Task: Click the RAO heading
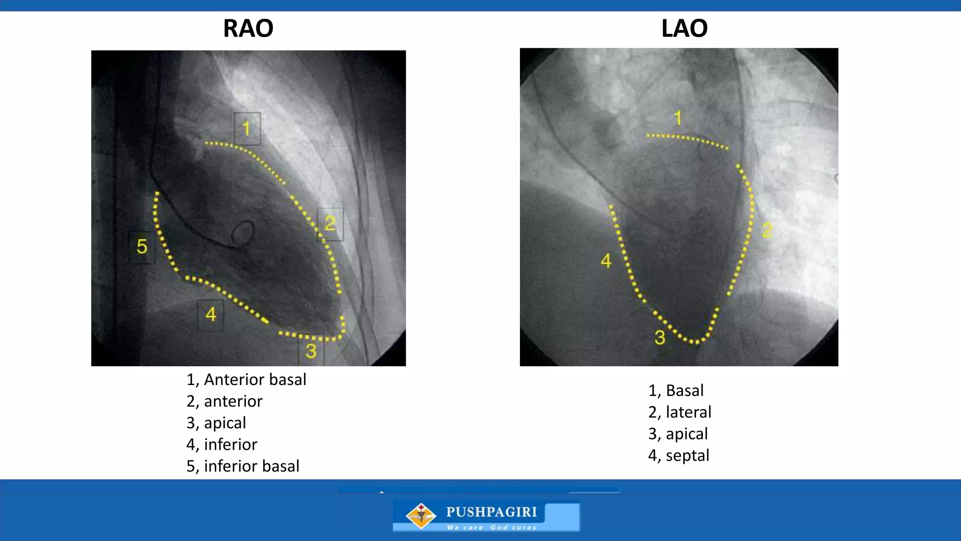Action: tap(248, 28)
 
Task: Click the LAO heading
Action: tap(684, 28)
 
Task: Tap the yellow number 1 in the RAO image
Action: tap(247, 128)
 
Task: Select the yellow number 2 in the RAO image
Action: tap(330, 224)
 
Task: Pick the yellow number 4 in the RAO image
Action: tap(211, 314)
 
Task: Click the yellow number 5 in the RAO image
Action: tap(142, 247)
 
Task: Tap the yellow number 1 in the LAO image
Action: tap(678, 118)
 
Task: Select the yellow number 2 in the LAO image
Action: tap(767, 230)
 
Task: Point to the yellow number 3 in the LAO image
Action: tap(660, 337)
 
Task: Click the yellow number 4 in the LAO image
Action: tap(606, 261)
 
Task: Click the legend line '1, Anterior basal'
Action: tap(246, 379)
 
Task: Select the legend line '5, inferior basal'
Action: tap(243, 466)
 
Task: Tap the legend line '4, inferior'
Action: tap(221, 444)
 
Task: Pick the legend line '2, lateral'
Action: tap(679, 412)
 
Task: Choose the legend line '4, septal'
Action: tap(679, 455)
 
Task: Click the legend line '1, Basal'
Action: tap(676, 390)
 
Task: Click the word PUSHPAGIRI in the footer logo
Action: tap(491, 512)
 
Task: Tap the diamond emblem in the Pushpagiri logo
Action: tap(420, 515)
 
